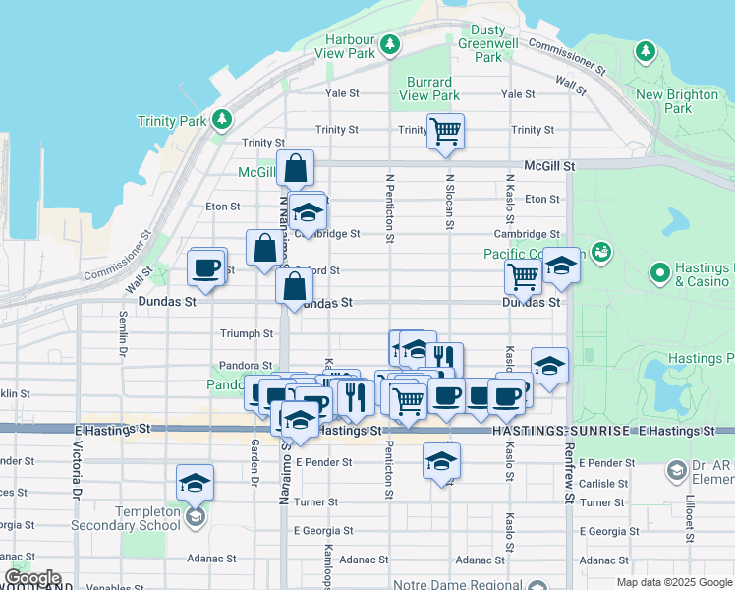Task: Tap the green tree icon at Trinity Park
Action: pos(222,120)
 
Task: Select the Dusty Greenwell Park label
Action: pos(488,43)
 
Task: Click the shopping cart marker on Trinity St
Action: pos(445,131)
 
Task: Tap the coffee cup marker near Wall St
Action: pos(206,268)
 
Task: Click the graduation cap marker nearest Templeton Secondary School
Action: pos(196,483)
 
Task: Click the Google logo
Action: pos(31,578)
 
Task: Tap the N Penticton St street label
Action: pos(390,208)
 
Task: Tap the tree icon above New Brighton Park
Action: pos(646,50)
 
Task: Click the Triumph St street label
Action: pos(247,334)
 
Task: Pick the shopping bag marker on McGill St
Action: pos(295,168)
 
